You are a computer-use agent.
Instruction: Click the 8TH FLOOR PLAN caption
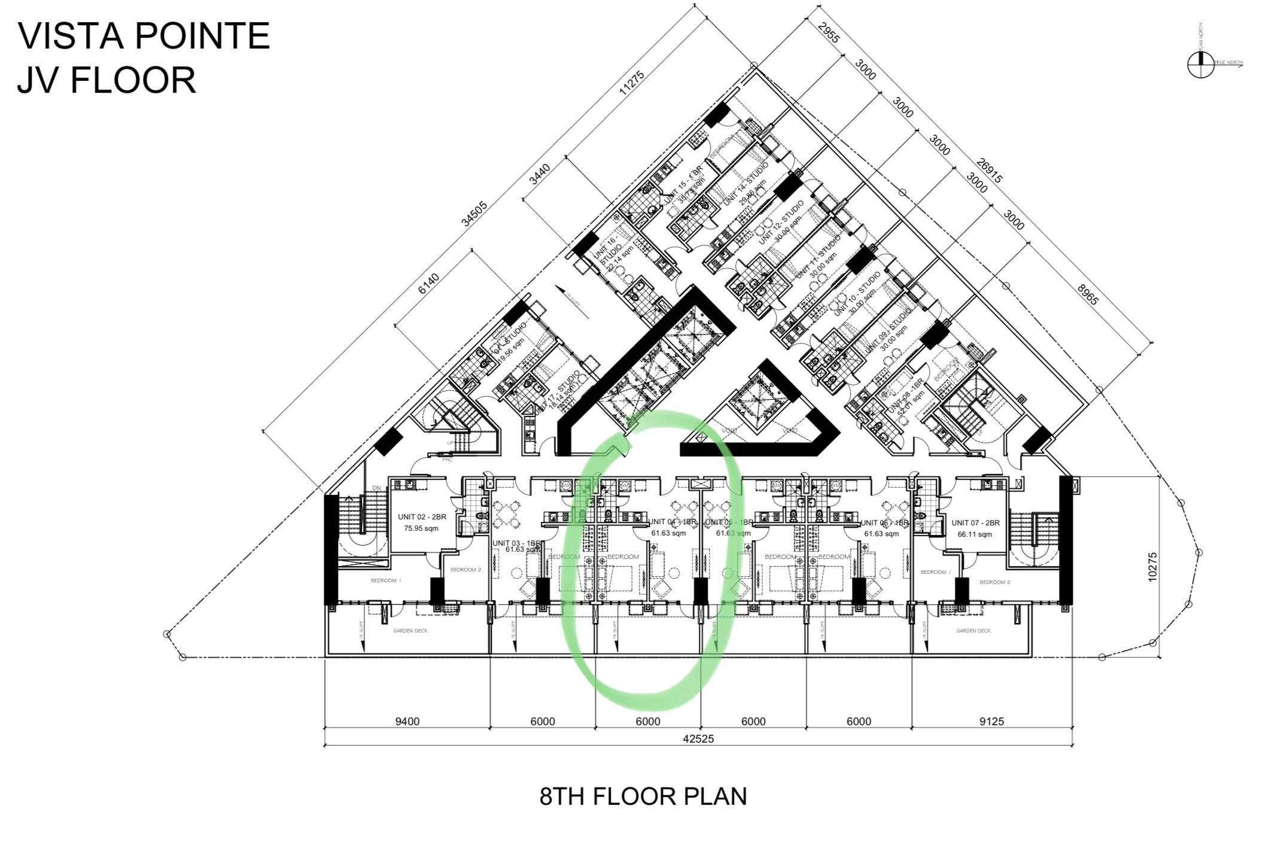[x=643, y=796]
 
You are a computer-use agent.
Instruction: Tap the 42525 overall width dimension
[x=698, y=739]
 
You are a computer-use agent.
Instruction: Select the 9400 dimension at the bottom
[x=407, y=722]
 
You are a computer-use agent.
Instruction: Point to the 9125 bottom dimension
[x=991, y=722]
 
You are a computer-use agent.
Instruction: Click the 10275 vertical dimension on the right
[x=1152, y=567]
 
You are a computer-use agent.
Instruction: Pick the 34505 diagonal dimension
[x=474, y=214]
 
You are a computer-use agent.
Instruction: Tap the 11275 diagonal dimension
[x=631, y=83]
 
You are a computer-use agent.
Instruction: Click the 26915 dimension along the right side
[x=989, y=171]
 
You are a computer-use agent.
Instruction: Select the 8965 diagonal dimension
[x=1088, y=295]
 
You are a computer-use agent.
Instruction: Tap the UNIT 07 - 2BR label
[x=975, y=523]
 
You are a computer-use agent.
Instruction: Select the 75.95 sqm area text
[x=421, y=528]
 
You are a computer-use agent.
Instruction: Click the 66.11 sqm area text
[x=975, y=534]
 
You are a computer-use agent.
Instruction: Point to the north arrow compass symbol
[x=1200, y=64]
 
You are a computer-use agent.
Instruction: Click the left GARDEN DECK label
[x=410, y=631]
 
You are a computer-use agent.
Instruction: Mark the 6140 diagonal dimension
[x=428, y=284]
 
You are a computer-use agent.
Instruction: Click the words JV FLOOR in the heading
[x=106, y=81]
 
